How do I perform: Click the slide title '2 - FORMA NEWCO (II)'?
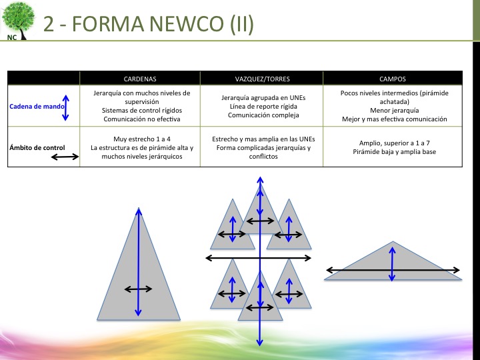[x=148, y=23]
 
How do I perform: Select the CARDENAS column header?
[x=140, y=78]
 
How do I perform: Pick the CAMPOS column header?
[x=392, y=78]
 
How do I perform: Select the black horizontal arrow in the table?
[x=65, y=157]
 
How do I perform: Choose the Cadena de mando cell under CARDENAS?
[x=140, y=105]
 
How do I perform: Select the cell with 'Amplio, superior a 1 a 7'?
[x=392, y=147]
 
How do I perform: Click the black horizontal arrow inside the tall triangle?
[x=139, y=289]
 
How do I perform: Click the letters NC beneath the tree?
[x=12, y=37]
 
